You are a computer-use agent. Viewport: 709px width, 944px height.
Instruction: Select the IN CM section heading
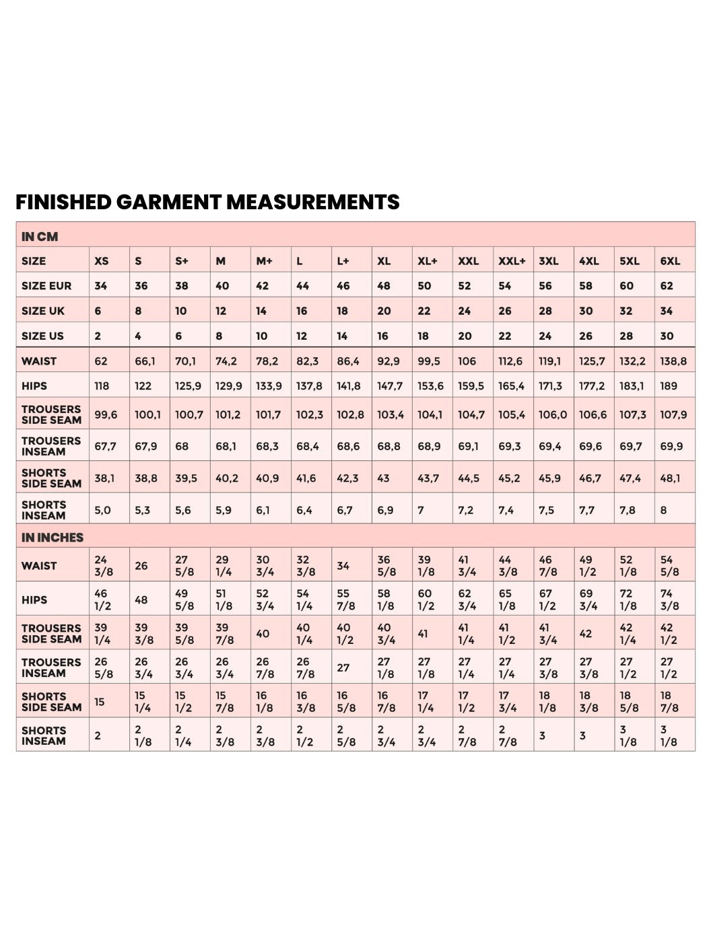click(x=40, y=237)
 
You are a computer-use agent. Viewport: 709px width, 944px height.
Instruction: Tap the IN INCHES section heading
click(x=53, y=538)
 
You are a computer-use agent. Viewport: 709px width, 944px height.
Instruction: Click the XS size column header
click(x=102, y=261)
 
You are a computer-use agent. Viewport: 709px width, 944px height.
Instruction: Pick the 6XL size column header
click(x=670, y=261)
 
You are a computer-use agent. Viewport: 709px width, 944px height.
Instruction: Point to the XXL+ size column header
click(x=512, y=261)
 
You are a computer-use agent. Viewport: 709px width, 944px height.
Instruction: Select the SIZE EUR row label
click(x=46, y=286)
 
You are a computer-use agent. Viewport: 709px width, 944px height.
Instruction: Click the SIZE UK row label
click(x=43, y=311)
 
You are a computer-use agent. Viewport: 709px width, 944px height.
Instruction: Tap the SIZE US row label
click(x=42, y=336)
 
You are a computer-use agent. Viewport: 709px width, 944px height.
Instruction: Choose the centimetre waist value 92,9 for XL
click(x=389, y=361)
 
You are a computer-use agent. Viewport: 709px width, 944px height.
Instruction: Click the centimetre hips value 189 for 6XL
click(x=669, y=386)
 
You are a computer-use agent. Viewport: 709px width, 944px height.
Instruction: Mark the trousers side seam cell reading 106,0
click(x=553, y=414)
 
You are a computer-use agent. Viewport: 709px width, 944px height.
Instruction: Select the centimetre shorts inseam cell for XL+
click(x=421, y=510)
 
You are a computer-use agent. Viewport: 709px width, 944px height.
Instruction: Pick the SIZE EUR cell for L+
click(x=343, y=286)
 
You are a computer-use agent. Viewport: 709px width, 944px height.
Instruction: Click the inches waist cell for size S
click(x=141, y=566)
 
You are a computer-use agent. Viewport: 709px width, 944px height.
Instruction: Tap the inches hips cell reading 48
click(x=141, y=600)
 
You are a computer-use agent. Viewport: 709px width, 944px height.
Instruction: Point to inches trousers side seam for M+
click(x=263, y=634)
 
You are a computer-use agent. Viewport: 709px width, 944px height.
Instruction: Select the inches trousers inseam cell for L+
click(x=343, y=667)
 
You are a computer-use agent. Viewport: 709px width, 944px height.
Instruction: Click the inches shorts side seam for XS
click(x=100, y=702)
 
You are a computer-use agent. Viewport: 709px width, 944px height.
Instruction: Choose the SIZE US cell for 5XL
click(x=627, y=336)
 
